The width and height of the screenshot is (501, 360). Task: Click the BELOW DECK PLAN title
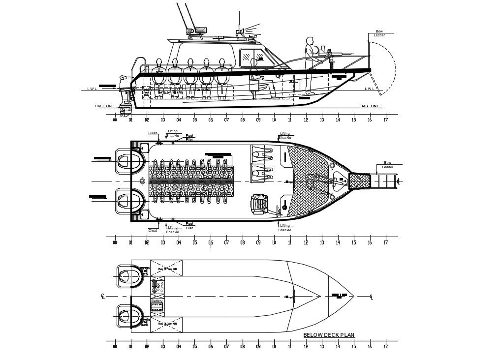[x=329, y=335]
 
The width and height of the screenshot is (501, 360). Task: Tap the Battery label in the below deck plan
[x=157, y=301]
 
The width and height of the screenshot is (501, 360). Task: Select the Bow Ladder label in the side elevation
[x=379, y=33]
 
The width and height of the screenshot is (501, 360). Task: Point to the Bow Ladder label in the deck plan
[x=387, y=165]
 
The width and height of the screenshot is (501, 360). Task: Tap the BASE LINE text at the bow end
[x=370, y=106]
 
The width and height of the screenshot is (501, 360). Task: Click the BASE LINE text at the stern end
[x=104, y=106]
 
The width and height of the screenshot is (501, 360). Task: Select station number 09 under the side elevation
[x=258, y=120]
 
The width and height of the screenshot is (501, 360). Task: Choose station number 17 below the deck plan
[x=385, y=242]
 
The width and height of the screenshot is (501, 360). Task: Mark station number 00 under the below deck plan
[x=115, y=346]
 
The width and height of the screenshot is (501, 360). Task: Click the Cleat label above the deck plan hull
[x=153, y=133]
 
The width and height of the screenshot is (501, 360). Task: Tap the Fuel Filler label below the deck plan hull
[x=189, y=226]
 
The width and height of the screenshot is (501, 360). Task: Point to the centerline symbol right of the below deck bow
[x=371, y=297]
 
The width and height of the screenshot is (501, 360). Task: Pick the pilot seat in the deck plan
[x=259, y=204]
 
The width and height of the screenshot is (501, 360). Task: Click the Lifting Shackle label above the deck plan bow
[x=285, y=135]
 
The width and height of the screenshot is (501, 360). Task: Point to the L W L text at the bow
[x=369, y=89]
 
